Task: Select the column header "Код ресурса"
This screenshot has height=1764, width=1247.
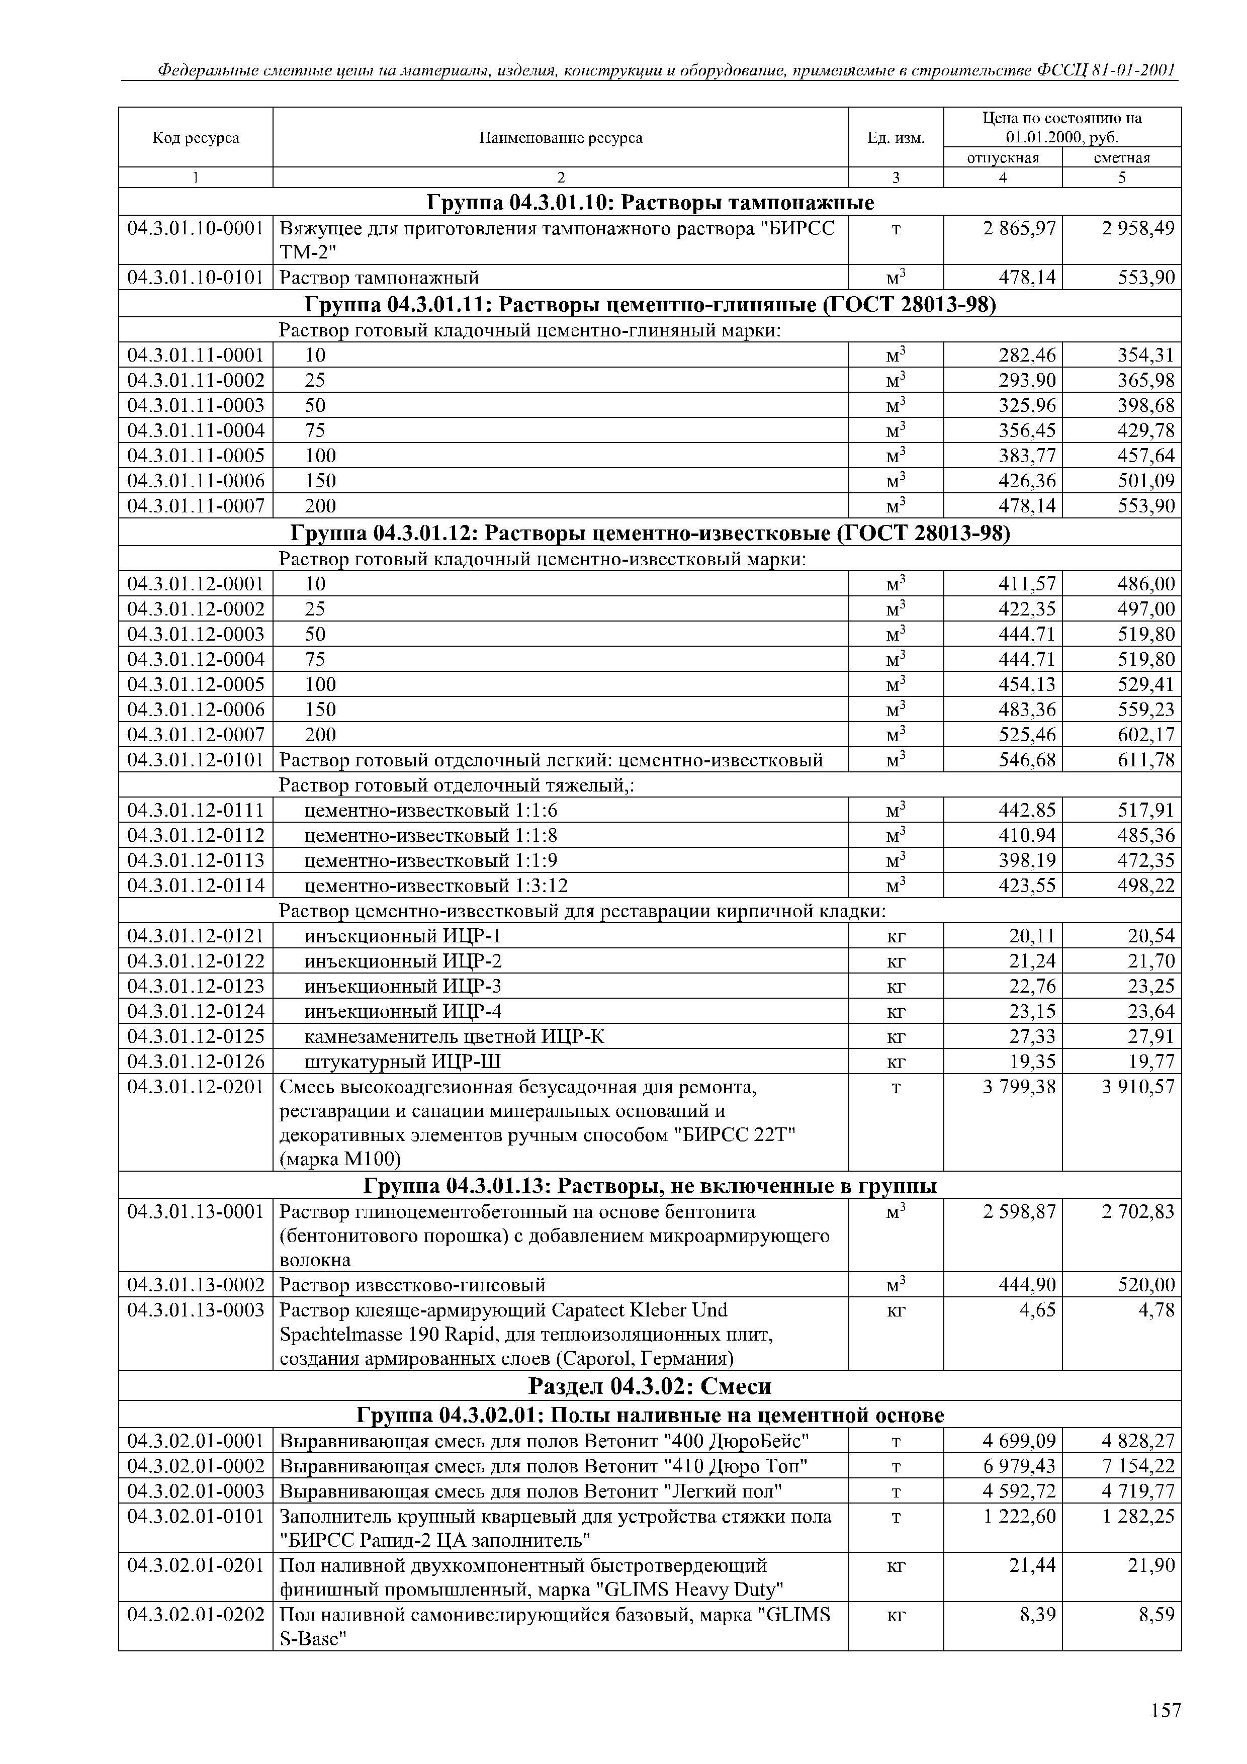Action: coord(196,138)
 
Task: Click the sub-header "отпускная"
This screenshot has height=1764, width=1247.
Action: coord(1002,157)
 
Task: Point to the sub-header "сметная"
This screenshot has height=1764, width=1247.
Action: coord(1122,157)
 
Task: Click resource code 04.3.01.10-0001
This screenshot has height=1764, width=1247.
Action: coord(196,228)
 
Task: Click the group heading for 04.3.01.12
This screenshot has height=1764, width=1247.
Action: coord(649,533)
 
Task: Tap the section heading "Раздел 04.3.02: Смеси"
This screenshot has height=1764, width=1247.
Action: coord(649,1386)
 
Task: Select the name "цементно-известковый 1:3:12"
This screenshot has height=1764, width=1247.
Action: coord(436,886)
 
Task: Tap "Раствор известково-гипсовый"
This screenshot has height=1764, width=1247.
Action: coord(413,1285)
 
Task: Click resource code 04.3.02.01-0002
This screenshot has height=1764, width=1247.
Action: coord(196,1466)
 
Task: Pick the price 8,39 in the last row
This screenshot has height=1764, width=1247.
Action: coord(1037,1615)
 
